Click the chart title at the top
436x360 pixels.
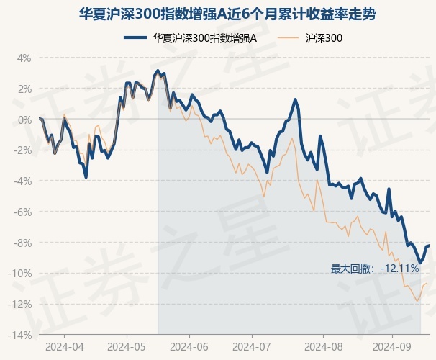coord(217,14)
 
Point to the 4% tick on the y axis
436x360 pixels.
coord(24,58)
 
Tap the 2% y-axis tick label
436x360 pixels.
coord(24,89)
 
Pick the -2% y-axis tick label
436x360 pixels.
coord(22,150)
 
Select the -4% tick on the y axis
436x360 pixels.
coord(22,181)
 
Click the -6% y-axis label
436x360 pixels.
coord(22,212)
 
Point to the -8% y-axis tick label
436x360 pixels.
coord(22,243)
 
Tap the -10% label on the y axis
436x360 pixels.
coord(20,274)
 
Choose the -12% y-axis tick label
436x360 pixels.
coord(20,305)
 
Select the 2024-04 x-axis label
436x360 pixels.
coord(64,346)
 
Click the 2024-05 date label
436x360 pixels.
coord(127,346)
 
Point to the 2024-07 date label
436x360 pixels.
coord(251,346)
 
